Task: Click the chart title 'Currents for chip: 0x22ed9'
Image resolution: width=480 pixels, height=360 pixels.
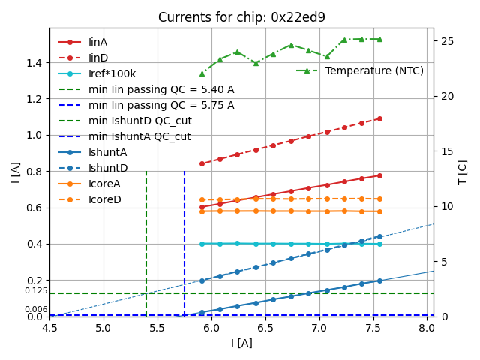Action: pyautogui.click(x=241, y=17)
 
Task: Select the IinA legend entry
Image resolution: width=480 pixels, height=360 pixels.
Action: pyautogui.click(x=97, y=42)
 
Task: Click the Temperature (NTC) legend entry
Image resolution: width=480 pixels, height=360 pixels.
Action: pyautogui.click(x=374, y=70)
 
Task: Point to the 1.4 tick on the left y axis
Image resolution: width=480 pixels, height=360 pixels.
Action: pyautogui.click(x=34, y=62)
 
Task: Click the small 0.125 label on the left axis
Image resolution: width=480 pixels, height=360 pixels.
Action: pyautogui.click(x=35, y=291)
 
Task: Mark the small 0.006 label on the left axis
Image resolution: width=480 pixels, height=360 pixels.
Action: pyautogui.click(x=35, y=310)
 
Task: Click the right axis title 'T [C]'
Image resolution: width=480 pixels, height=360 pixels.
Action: pyautogui.click(x=463, y=172)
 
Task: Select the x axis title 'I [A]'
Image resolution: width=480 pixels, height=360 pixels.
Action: pyautogui.click(x=241, y=343)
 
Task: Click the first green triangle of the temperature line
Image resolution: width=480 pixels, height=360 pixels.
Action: pyautogui.click(x=202, y=73)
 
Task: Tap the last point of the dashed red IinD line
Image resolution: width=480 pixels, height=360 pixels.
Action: pyautogui.click(x=379, y=118)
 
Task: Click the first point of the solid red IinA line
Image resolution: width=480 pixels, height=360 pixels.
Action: pyautogui.click(x=202, y=207)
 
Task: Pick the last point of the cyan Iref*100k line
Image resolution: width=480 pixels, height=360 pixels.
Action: pyautogui.click(x=379, y=244)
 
